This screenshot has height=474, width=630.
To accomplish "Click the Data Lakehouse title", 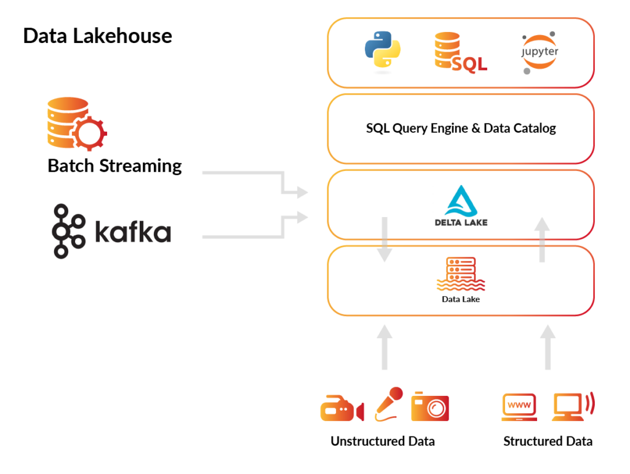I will [x=97, y=36].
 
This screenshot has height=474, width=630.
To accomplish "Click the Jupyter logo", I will [x=539, y=53].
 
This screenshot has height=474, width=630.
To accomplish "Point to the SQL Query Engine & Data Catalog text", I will [x=460, y=128].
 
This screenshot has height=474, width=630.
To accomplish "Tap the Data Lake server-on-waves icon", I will [x=460, y=274].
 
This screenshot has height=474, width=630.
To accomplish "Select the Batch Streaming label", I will [x=114, y=166].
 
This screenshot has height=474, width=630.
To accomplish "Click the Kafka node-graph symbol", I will [x=68, y=231].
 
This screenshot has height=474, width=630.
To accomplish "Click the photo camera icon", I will [x=430, y=406].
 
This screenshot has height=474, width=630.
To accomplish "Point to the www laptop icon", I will [x=519, y=407].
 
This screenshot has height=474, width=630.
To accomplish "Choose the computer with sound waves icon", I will [x=572, y=406].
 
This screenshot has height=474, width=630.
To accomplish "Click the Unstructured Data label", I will [x=382, y=441].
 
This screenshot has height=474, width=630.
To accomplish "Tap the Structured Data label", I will [x=548, y=441].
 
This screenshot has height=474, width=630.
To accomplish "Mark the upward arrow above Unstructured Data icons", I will [x=385, y=347].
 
